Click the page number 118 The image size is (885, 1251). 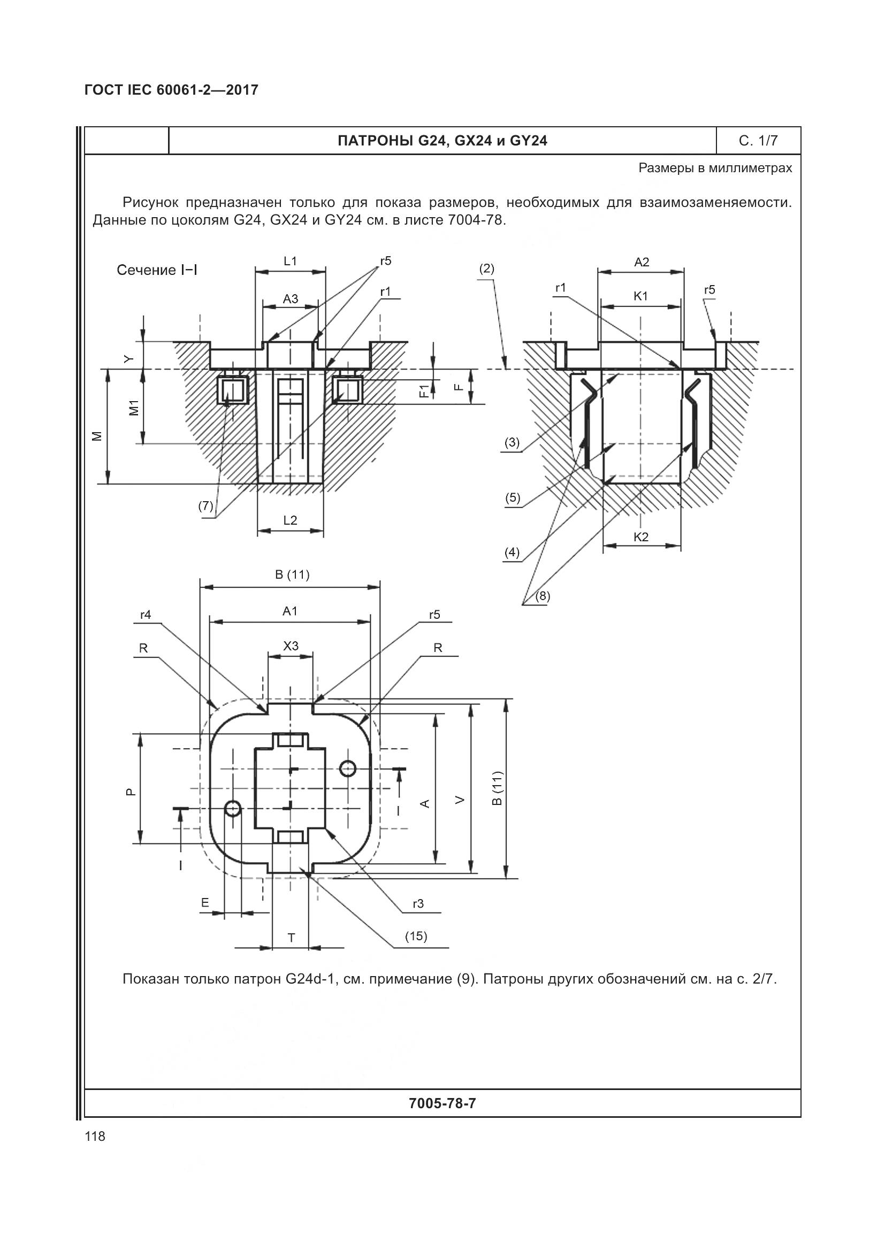click(x=95, y=1136)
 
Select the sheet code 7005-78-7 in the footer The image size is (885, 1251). click(x=442, y=1103)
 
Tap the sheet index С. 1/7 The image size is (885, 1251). click(x=758, y=141)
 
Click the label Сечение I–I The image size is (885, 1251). click(x=157, y=270)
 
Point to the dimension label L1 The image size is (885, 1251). click(x=291, y=261)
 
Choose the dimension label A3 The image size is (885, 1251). click(x=291, y=298)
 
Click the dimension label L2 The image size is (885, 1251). click(x=291, y=520)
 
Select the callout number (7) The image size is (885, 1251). click(x=205, y=506)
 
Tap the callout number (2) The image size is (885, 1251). click(x=486, y=268)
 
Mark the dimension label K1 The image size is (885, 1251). click(x=641, y=296)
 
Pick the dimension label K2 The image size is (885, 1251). click(x=642, y=536)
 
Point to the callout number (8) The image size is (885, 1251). click(x=542, y=596)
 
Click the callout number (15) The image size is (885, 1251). click(x=416, y=936)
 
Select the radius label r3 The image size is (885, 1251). click(x=418, y=904)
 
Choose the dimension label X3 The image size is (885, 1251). click(x=291, y=646)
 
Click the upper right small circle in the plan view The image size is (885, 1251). click(x=348, y=768)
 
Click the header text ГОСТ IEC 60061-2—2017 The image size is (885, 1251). click(x=171, y=90)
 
